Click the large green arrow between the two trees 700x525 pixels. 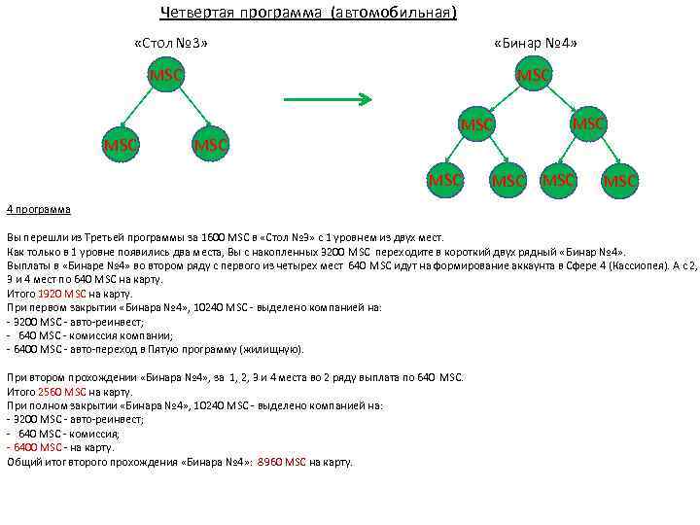pos(327,98)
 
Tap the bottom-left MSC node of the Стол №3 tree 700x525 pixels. pos(120,144)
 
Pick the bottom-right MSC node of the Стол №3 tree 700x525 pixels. pos(210,144)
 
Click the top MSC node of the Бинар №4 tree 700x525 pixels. pos(534,75)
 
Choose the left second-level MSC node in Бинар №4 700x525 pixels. pos(476,124)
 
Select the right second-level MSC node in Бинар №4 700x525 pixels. pos(588,123)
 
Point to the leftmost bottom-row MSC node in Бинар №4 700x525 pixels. pos(445,179)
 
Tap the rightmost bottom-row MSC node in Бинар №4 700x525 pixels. pos(620,180)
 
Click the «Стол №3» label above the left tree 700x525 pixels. pos(170,44)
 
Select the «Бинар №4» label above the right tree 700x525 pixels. pos(537,44)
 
